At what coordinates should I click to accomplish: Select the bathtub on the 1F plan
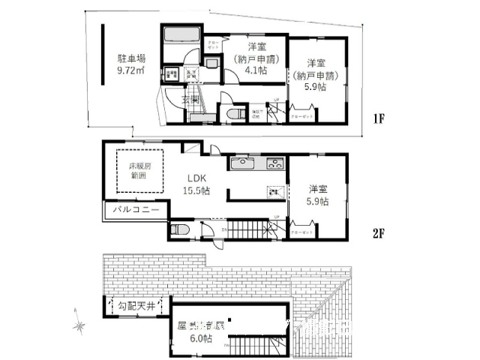pyautogui.click(x=180, y=34)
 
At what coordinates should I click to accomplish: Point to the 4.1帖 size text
pyautogui.click(x=248, y=73)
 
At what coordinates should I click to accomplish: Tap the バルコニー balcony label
pyautogui.click(x=136, y=211)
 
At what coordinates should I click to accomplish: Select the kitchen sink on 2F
pyautogui.click(x=243, y=165)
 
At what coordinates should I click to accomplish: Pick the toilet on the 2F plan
pyautogui.click(x=180, y=229)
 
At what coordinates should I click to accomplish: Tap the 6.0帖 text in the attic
pyautogui.click(x=201, y=339)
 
